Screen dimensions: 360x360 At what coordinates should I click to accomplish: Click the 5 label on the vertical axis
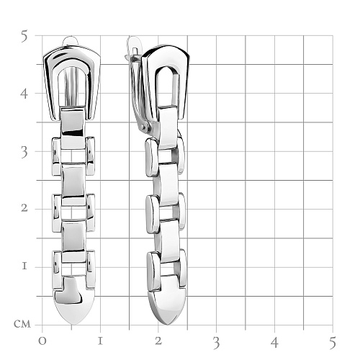click(24, 36)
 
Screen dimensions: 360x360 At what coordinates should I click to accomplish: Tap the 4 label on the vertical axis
click(24, 94)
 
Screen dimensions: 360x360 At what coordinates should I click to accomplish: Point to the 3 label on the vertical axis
click(24, 153)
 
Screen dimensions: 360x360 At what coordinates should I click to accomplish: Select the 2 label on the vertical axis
click(24, 208)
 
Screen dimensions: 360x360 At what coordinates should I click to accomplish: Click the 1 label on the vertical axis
click(24, 266)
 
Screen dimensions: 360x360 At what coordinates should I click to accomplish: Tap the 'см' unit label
click(22, 324)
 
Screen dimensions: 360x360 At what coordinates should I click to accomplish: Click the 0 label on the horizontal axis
click(42, 341)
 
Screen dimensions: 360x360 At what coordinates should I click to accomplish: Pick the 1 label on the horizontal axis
click(100, 341)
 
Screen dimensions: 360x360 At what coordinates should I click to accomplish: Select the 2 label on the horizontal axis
click(158, 341)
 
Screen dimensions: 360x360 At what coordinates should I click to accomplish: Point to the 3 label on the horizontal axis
click(217, 343)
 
